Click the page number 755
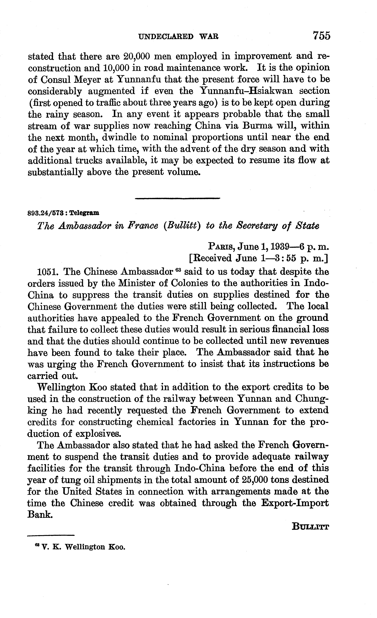pos(322,36)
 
